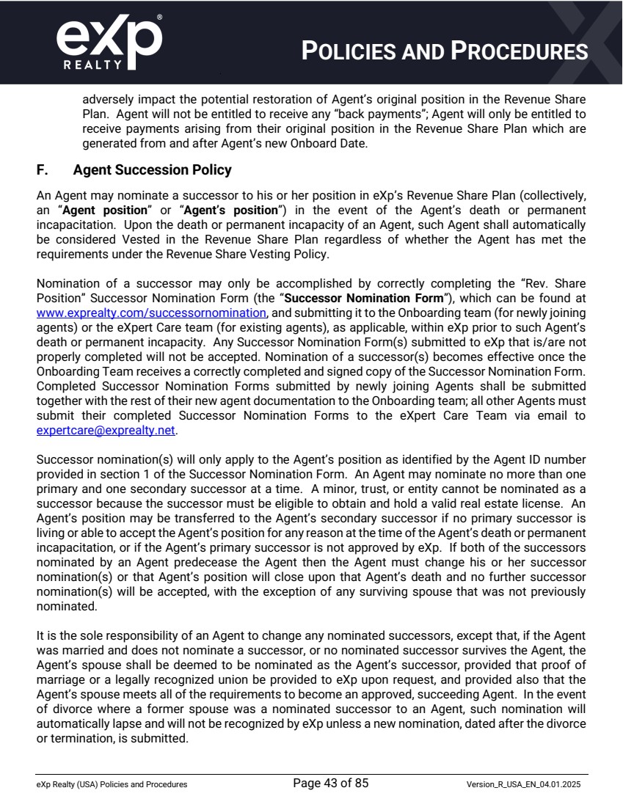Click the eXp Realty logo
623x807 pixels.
click(x=109, y=40)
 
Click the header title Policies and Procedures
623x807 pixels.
click(x=445, y=51)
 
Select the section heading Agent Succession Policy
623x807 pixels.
click(x=152, y=170)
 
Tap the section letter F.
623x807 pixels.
click(x=43, y=170)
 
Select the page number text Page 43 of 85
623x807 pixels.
click(x=331, y=784)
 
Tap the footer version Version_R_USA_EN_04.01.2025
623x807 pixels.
click(x=527, y=784)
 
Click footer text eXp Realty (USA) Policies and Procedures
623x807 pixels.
click(x=112, y=784)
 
